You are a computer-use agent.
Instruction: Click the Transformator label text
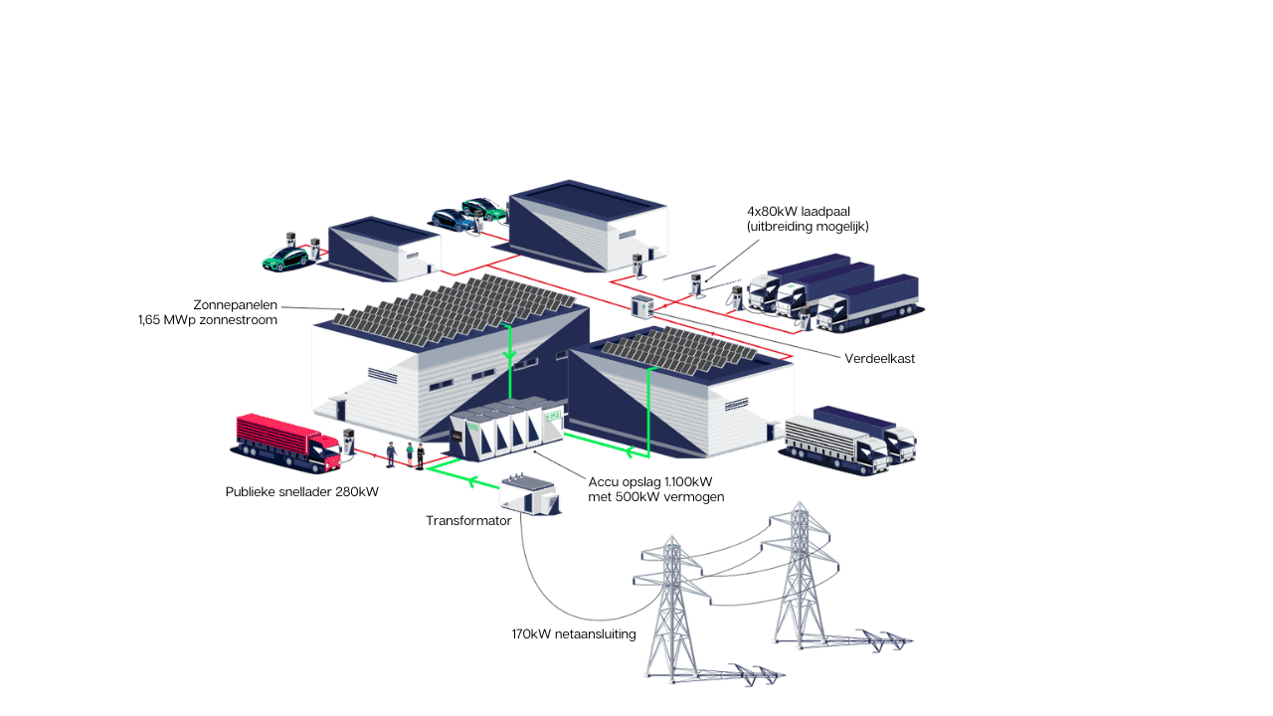click(x=468, y=521)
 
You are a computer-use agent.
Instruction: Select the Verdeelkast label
click(x=879, y=358)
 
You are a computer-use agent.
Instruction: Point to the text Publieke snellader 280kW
click(x=301, y=491)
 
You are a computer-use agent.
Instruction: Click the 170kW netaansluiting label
click(x=573, y=633)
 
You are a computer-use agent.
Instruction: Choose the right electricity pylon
click(x=797, y=572)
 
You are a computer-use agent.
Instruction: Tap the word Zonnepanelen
click(x=236, y=305)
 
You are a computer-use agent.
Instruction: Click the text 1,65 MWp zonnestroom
click(x=207, y=320)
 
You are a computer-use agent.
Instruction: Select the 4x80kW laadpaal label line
click(x=807, y=212)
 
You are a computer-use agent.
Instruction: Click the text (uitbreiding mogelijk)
click(x=808, y=227)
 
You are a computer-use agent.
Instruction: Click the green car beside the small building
click(x=284, y=258)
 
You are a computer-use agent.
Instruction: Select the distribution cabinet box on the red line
click(x=640, y=306)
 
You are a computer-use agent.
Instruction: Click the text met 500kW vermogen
click(x=655, y=496)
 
